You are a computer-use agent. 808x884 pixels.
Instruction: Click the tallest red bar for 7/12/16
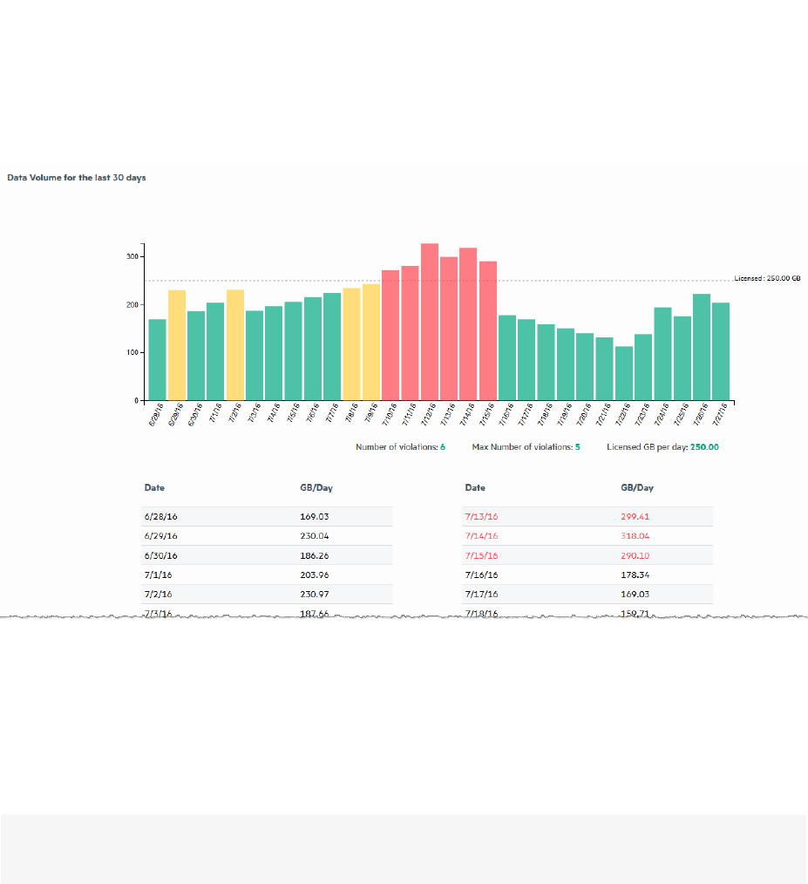(429, 322)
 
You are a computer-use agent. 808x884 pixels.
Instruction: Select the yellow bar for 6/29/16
(177, 345)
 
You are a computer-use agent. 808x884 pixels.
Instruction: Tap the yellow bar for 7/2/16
(235, 345)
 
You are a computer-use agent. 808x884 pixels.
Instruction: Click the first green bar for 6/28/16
(157, 359)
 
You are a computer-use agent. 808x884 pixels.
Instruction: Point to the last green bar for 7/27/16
(721, 351)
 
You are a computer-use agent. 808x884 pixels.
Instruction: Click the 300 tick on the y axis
(132, 257)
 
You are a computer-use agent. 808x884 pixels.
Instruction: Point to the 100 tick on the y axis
(132, 353)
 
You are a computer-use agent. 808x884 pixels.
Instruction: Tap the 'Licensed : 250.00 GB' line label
(767, 278)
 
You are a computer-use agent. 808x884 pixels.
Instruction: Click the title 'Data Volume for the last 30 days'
(77, 178)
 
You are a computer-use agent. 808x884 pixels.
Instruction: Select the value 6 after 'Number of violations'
(443, 446)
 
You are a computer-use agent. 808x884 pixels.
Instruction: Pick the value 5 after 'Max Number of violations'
(577, 446)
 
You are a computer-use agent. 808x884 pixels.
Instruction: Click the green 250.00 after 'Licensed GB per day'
(705, 446)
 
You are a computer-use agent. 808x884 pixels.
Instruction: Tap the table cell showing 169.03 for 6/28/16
(315, 517)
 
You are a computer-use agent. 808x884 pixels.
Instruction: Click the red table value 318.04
(635, 536)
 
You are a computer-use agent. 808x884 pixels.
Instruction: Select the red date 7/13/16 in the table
(481, 517)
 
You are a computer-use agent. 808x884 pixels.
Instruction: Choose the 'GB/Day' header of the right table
(637, 488)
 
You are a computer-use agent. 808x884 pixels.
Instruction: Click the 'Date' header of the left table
(154, 488)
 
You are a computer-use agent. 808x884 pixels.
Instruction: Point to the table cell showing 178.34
(635, 575)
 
